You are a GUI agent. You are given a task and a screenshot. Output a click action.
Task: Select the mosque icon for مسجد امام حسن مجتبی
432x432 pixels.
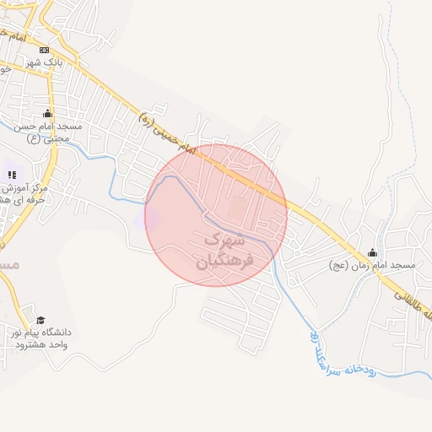tap(47, 114)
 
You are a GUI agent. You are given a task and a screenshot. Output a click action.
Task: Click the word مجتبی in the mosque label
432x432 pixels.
tap(42, 138)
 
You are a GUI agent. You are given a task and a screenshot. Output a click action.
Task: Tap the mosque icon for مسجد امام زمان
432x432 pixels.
tap(373, 252)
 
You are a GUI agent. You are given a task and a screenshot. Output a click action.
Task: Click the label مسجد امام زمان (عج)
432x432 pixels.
tap(373, 265)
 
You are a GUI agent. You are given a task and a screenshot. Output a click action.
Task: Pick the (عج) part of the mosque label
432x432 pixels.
tap(338, 265)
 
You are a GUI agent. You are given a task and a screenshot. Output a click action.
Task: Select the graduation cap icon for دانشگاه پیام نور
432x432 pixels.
tap(40, 320)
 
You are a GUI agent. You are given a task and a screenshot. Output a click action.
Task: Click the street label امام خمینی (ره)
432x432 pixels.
tap(165, 132)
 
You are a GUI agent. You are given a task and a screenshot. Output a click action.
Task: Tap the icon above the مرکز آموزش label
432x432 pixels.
tap(13, 175)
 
